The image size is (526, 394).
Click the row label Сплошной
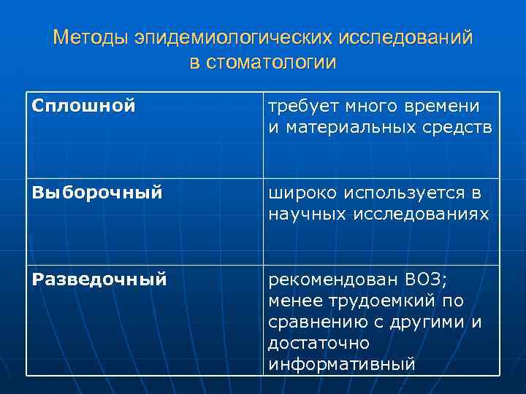point(84,107)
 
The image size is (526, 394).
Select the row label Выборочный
point(96,193)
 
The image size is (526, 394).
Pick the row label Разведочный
point(100,279)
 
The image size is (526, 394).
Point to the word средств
point(459,128)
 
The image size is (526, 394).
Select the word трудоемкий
point(378,301)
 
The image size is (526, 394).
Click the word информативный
point(342,364)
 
